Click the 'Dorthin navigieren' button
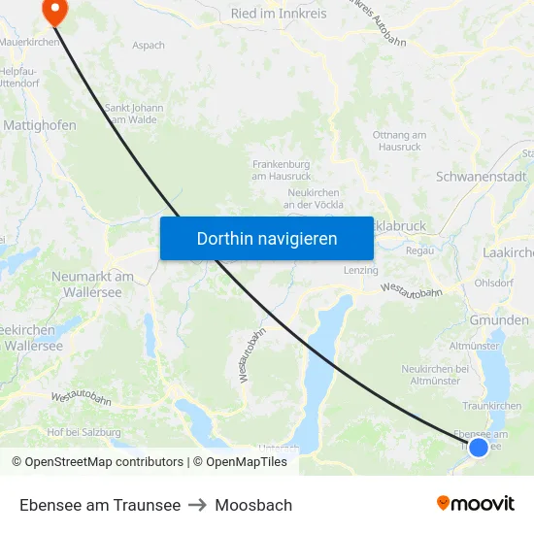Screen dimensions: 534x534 click(267, 238)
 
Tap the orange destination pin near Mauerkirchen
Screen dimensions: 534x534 click(54, 12)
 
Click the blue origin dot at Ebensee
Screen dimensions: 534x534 click(478, 448)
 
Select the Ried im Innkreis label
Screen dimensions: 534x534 click(279, 14)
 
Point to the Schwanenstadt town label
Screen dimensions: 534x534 click(482, 177)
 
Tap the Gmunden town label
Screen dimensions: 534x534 click(499, 320)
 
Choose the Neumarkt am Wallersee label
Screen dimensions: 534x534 click(92, 284)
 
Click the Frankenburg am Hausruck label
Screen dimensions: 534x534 click(282, 170)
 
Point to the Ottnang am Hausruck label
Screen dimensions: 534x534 click(399, 141)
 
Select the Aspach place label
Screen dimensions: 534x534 click(149, 45)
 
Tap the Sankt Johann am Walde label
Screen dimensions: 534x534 click(134, 114)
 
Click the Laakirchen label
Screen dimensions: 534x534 click(508, 252)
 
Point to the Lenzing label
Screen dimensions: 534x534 click(360, 270)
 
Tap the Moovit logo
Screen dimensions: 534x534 click(476, 503)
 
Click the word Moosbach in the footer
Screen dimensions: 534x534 click(253, 505)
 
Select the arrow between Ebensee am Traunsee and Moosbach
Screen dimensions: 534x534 click(198, 505)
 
